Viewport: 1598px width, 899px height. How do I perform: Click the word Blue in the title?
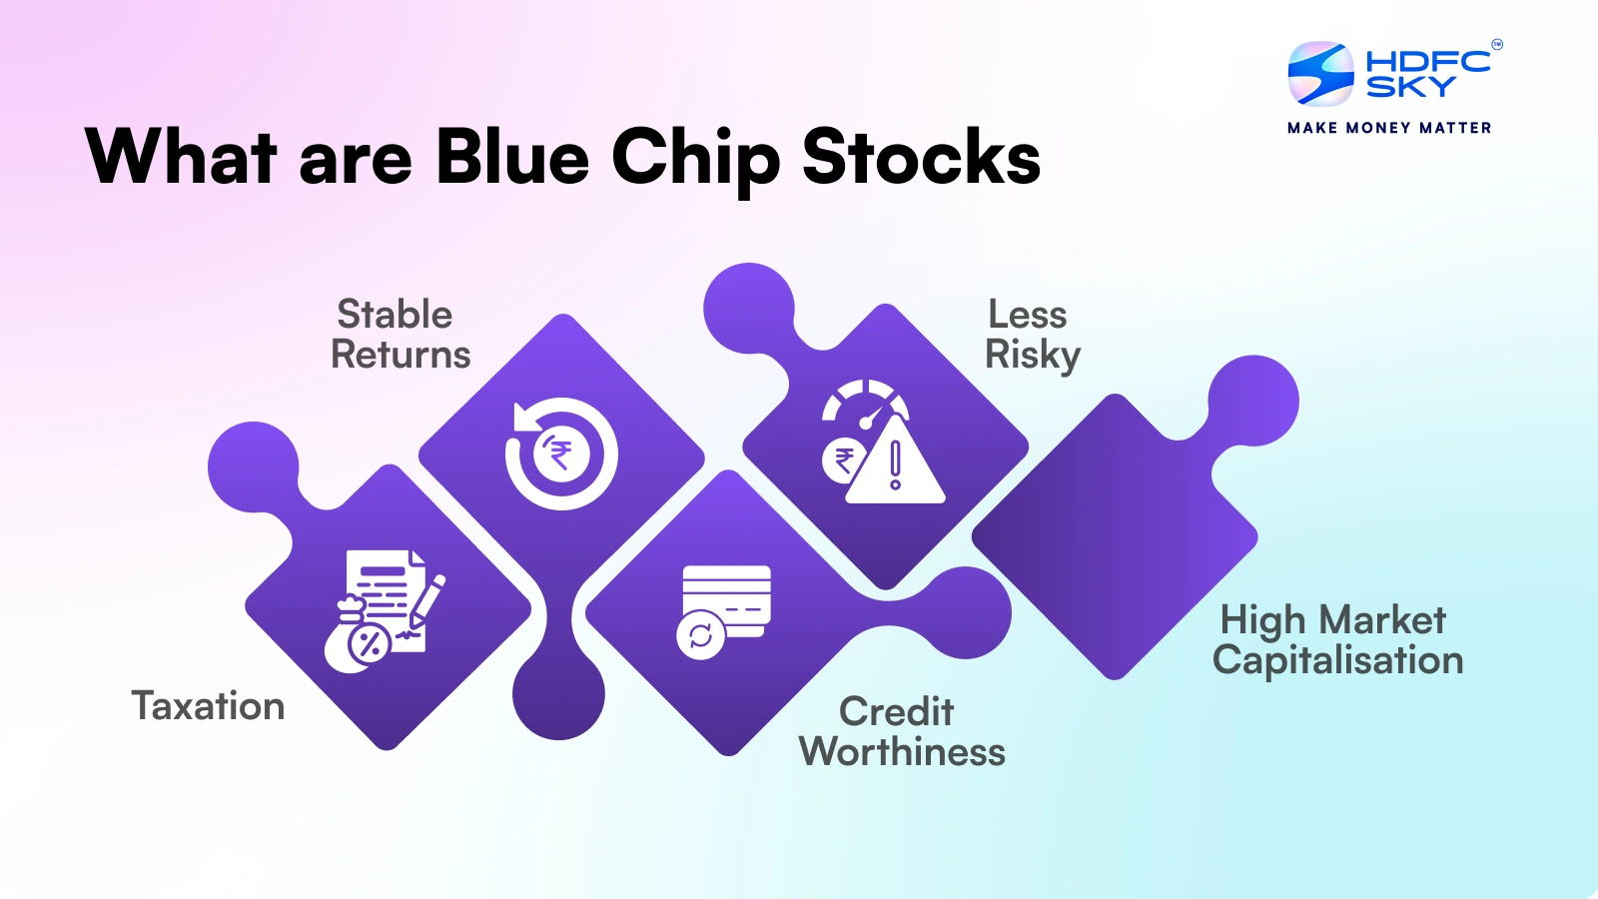click(x=512, y=157)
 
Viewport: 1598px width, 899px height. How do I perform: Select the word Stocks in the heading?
click(x=921, y=157)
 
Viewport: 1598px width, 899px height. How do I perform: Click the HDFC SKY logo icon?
click(x=1320, y=73)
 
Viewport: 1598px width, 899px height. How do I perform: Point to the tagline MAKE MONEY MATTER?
click(x=1389, y=129)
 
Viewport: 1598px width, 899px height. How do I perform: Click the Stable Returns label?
click(x=400, y=334)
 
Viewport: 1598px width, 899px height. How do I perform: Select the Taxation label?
click(x=209, y=706)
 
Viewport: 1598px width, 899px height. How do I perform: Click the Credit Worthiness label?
click(x=902, y=731)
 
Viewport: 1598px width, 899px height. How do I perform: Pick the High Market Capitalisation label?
click(x=1337, y=639)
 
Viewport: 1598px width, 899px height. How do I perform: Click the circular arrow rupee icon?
click(x=561, y=453)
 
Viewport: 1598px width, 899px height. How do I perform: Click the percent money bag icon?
click(x=357, y=636)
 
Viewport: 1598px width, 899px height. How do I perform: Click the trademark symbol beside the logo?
click(x=1497, y=45)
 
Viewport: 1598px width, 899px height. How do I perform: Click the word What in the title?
click(x=181, y=157)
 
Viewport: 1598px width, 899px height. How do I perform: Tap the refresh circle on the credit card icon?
click(x=700, y=635)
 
